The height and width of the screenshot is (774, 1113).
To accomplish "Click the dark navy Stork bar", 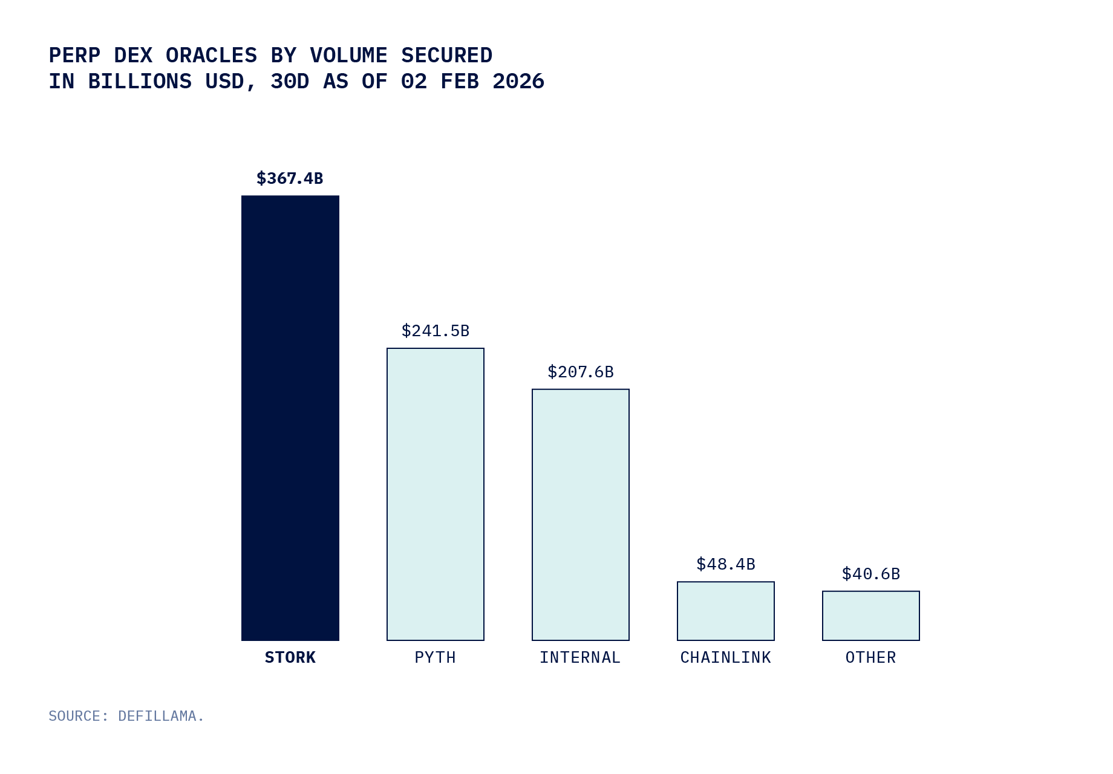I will [x=290, y=417].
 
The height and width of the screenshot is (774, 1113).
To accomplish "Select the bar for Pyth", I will [x=436, y=494].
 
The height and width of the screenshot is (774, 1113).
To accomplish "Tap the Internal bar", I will [x=581, y=515].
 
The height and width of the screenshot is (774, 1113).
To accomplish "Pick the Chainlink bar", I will [x=726, y=611].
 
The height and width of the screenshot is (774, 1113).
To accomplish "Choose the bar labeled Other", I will [x=871, y=616].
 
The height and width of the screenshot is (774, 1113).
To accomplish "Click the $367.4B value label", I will [x=290, y=178].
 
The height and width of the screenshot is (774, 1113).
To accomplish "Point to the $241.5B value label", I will [x=436, y=331].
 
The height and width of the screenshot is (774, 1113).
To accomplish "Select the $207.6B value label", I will [x=581, y=372].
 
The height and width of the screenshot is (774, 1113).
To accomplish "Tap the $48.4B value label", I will [x=726, y=564].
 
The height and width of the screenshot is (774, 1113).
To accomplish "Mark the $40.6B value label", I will [x=871, y=574].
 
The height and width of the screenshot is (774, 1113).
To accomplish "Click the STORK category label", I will [x=290, y=657].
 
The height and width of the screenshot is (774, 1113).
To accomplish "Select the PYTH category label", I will [x=436, y=657].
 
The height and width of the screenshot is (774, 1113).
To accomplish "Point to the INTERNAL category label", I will [x=580, y=657].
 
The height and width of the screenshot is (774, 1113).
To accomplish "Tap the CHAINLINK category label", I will [x=726, y=657].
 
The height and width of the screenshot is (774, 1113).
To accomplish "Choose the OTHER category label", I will [x=871, y=657].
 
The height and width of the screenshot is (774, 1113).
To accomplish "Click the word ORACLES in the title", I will [x=211, y=56].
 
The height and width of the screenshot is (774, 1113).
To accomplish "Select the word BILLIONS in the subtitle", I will [x=140, y=82].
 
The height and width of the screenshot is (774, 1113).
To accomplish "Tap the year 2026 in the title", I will [x=518, y=82].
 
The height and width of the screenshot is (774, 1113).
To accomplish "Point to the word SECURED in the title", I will [x=446, y=56].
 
